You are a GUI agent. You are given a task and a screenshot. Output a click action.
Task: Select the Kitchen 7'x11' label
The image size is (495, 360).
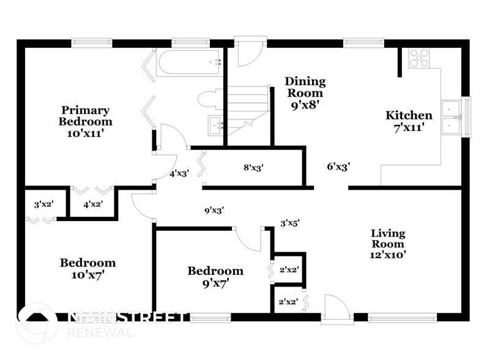pyautogui.click(x=409, y=121)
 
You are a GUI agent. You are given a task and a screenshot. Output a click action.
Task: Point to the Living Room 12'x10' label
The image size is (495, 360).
pyautogui.click(x=388, y=244)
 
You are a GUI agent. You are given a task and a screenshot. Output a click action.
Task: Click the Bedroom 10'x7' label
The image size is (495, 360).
pyautogui.click(x=87, y=269)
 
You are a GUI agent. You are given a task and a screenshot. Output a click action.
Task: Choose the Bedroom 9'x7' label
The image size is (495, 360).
pyautogui.click(x=215, y=277)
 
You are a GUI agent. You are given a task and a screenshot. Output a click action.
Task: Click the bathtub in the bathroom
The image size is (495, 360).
pyautogui.click(x=187, y=62)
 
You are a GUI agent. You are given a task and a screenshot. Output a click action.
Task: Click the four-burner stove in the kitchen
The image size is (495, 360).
pyautogui.click(x=419, y=57)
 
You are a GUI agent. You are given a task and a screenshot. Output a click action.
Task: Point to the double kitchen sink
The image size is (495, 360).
pyautogui.click(x=453, y=116)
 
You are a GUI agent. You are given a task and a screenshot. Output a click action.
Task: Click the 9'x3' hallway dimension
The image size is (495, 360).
pyautogui.click(x=214, y=210)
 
